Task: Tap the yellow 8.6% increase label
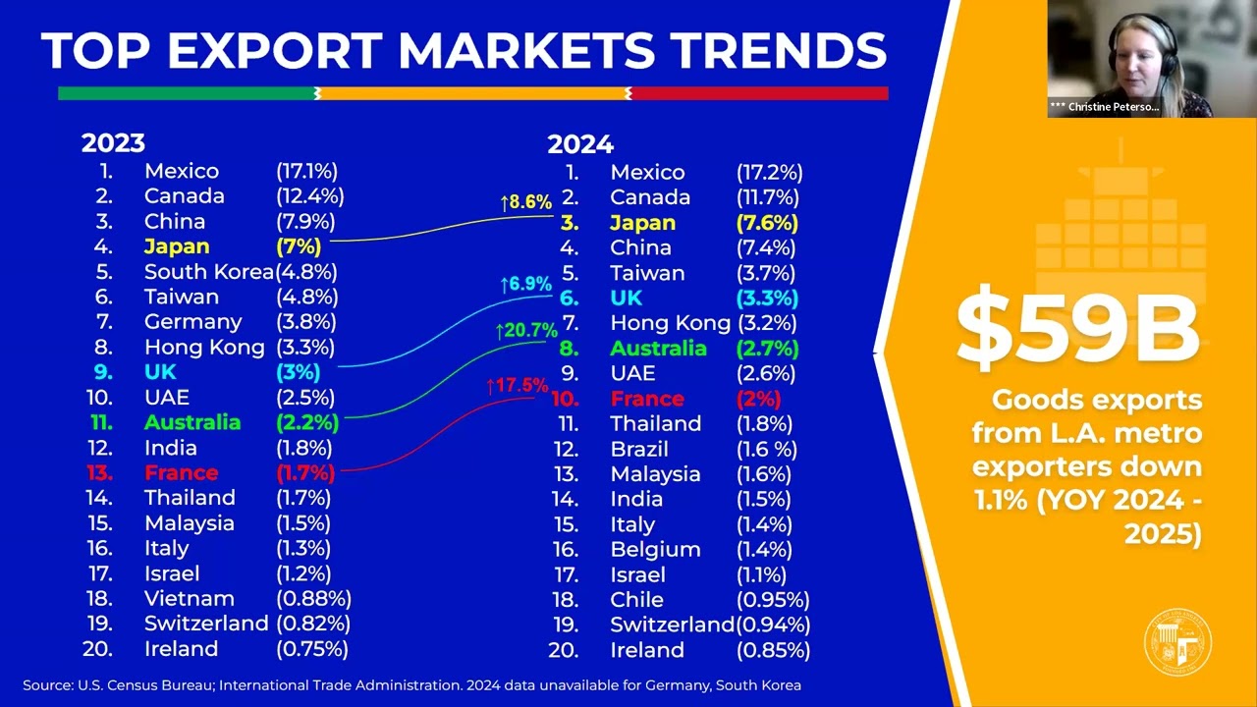525,203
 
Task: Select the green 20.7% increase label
525,332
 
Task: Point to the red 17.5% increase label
517,386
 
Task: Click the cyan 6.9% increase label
525,285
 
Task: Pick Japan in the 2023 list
177,246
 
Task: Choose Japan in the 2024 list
642,223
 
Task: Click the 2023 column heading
113,143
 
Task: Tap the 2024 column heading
579,145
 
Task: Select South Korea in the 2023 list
208,272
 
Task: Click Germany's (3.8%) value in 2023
306,322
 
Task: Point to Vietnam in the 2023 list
190,599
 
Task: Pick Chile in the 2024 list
636,600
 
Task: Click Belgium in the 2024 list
655,550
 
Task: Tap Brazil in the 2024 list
639,450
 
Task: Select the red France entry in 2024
646,399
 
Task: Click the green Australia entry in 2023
192,423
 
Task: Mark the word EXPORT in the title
275,51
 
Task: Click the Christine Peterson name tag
1105,107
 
